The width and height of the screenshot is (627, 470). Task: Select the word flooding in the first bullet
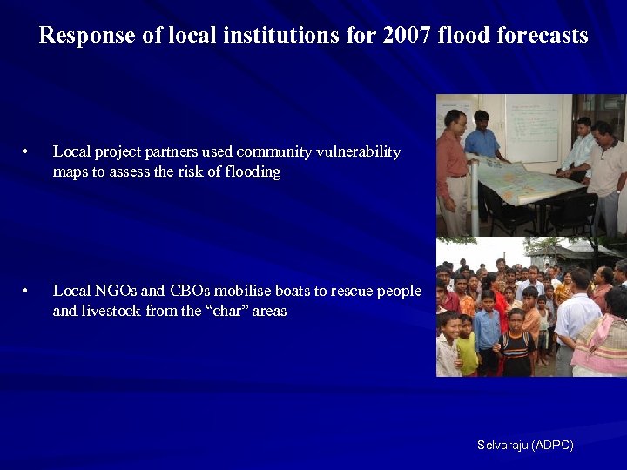[x=253, y=172]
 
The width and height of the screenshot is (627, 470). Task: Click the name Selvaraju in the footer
[x=502, y=445]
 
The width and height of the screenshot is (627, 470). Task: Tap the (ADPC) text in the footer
[x=553, y=445]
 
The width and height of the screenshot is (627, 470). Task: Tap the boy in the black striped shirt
[x=516, y=345]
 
